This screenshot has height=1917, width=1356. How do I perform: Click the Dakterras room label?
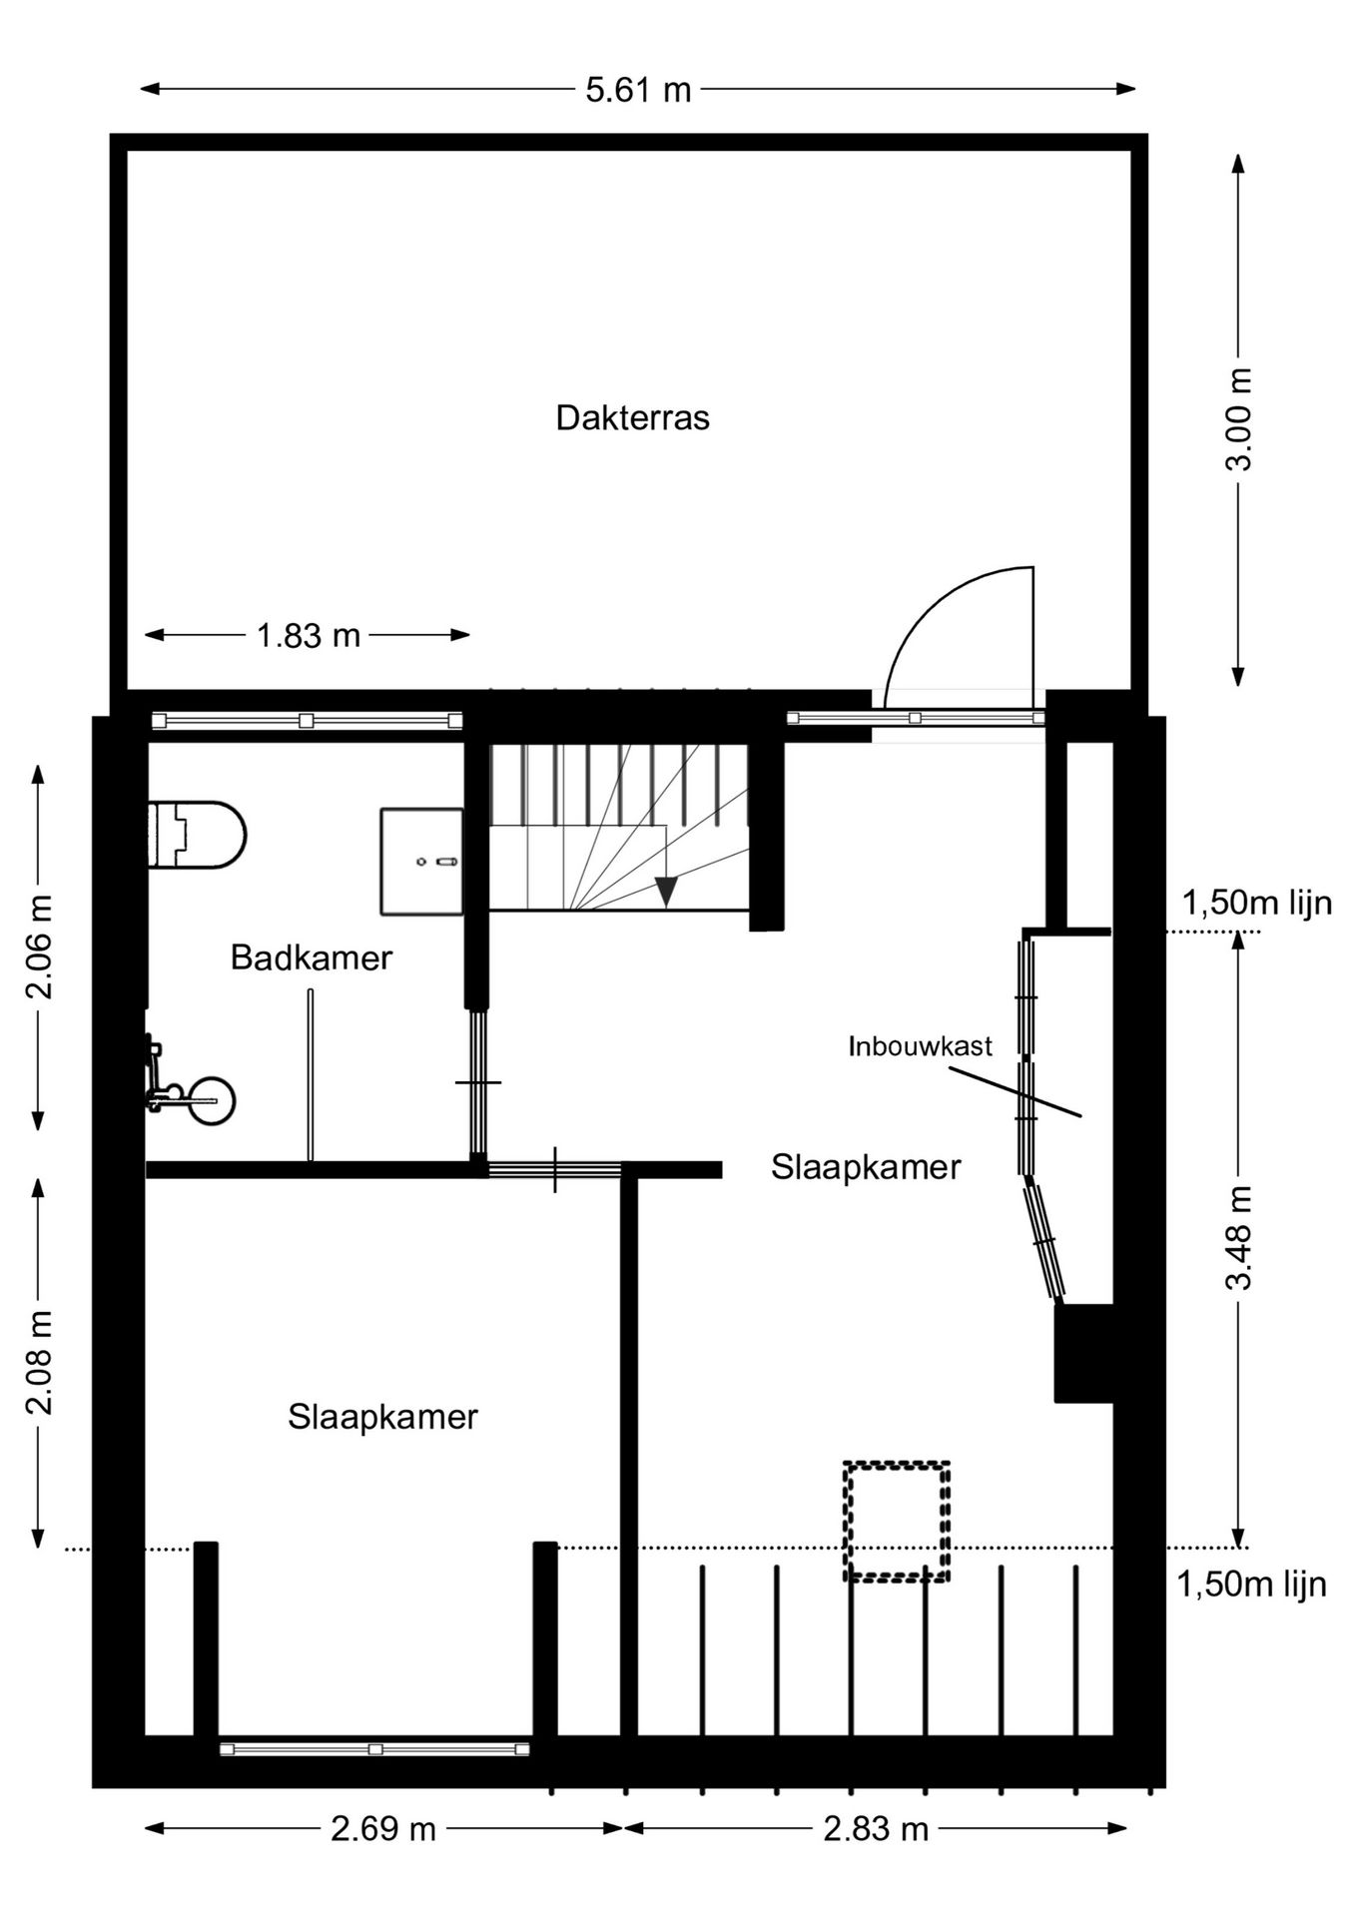coord(632,417)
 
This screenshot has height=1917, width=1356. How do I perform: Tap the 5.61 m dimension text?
coord(638,90)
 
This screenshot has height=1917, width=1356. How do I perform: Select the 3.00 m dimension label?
coord(1239,419)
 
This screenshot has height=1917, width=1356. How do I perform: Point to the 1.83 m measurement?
coord(308,635)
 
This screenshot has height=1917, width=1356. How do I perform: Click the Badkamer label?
coord(311,958)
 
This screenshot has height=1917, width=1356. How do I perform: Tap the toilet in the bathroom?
coord(198,834)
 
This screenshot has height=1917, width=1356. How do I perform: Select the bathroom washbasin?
coord(421,862)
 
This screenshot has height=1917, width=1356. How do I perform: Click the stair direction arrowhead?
coord(666,891)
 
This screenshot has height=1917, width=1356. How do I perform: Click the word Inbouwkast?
coord(920,1045)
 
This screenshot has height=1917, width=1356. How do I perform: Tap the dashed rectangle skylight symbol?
coord(896,1521)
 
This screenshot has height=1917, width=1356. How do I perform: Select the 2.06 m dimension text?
coord(40,947)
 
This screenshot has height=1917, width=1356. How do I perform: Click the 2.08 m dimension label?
coord(40,1362)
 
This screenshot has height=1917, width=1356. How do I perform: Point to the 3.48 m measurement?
coord(1239,1238)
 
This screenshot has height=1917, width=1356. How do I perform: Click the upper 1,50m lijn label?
coord(1256,903)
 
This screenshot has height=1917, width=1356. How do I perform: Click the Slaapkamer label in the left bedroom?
coord(382,1417)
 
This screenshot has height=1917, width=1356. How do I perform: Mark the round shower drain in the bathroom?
coord(213,1100)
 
